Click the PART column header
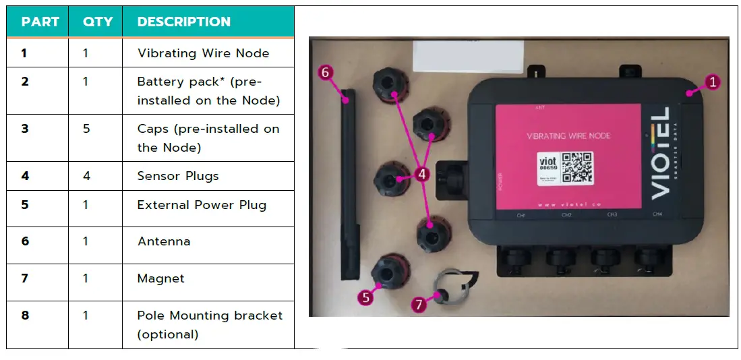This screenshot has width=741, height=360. click(40, 22)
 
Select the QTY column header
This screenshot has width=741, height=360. click(97, 22)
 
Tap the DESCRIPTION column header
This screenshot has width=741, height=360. click(183, 22)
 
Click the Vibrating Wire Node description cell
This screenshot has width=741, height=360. click(203, 53)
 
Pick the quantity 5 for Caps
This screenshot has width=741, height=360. click(86, 128)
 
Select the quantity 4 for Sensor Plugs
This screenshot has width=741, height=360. click(86, 176)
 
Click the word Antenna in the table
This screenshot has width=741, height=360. click(163, 241)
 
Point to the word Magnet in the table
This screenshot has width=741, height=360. click(160, 278)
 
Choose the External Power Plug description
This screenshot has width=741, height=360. click(202, 205)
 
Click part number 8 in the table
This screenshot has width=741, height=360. click(25, 315)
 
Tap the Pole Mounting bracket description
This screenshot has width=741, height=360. click(210, 324)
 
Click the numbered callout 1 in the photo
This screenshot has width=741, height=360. click(712, 82)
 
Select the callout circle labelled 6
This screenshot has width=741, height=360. click(326, 71)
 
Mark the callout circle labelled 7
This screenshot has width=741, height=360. click(419, 305)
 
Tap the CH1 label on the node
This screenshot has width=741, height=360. click(521, 215)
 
